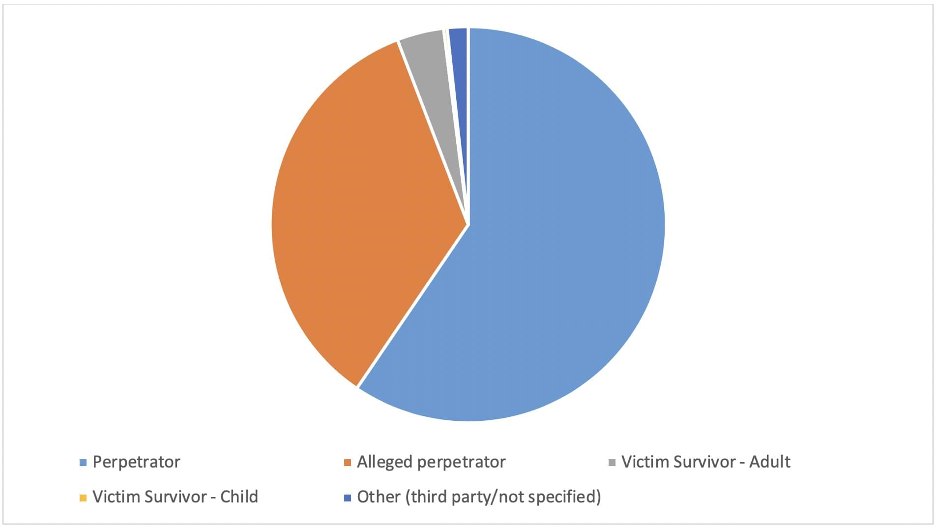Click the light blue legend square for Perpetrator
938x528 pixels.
(x=83, y=463)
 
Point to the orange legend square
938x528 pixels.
(x=348, y=463)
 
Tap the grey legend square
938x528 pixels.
(x=612, y=463)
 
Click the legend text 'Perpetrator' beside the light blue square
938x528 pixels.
(x=136, y=462)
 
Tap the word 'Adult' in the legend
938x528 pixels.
(x=769, y=462)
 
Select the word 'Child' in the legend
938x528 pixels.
(x=239, y=497)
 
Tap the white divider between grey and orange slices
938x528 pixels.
(x=432, y=133)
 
